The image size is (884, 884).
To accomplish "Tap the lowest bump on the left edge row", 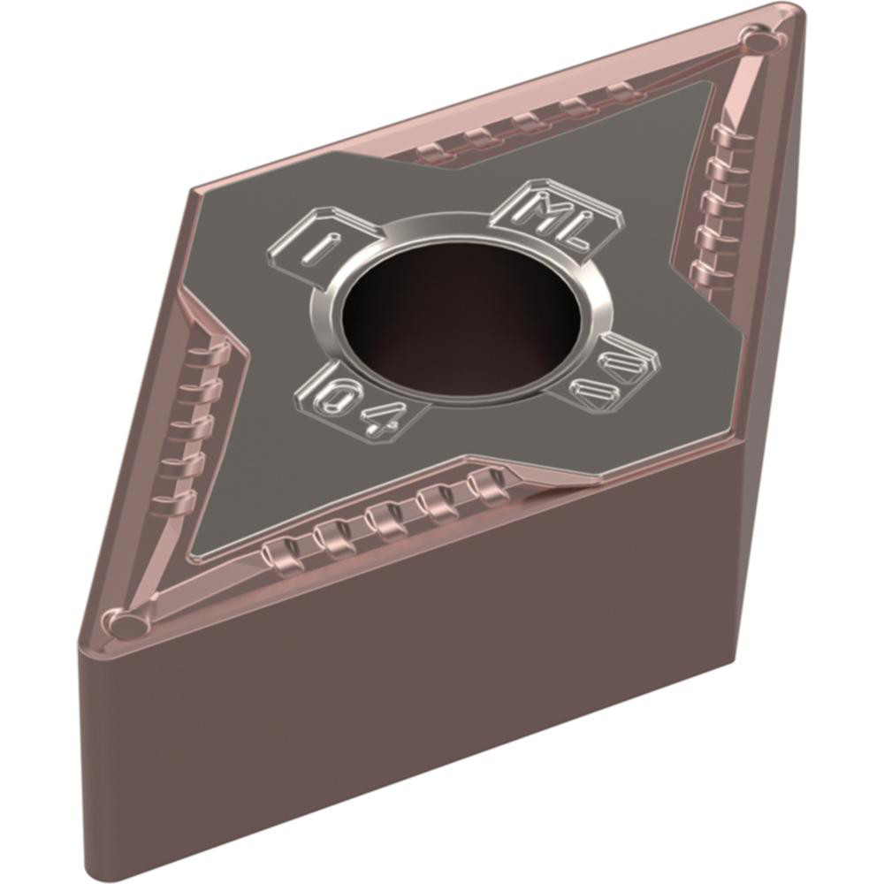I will point(171,503).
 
